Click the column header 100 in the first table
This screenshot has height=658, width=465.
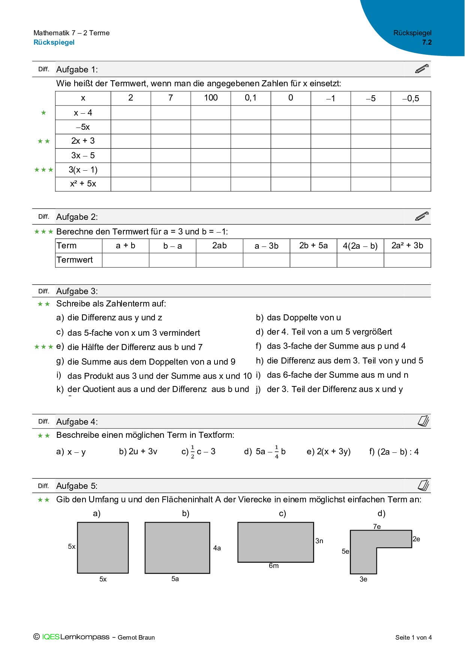(x=211, y=98)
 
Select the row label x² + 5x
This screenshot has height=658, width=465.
(x=83, y=184)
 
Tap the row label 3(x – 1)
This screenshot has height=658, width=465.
(x=83, y=170)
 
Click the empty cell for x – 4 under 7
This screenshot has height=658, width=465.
(x=171, y=113)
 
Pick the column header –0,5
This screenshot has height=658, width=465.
(x=411, y=98)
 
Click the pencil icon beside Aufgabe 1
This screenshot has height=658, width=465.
(x=422, y=69)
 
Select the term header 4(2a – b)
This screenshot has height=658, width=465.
(x=360, y=246)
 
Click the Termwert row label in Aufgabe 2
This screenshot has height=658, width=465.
(x=75, y=260)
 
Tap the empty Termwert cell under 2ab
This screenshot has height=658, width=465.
(x=219, y=260)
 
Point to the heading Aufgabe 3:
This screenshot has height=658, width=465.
(x=77, y=291)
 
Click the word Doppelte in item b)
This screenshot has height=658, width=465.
(x=299, y=317)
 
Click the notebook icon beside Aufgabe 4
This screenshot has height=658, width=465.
(x=423, y=421)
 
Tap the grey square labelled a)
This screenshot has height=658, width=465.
(x=103, y=547)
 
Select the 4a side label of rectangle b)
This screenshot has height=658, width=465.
(x=217, y=548)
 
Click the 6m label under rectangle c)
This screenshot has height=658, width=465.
(x=274, y=566)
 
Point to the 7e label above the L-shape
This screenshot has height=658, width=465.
(x=377, y=527)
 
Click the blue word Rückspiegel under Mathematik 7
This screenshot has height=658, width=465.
(x=54, y=42)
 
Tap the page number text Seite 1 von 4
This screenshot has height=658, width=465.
(x=413, y=637)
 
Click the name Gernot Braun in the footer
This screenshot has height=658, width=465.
(x=136, y=637)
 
